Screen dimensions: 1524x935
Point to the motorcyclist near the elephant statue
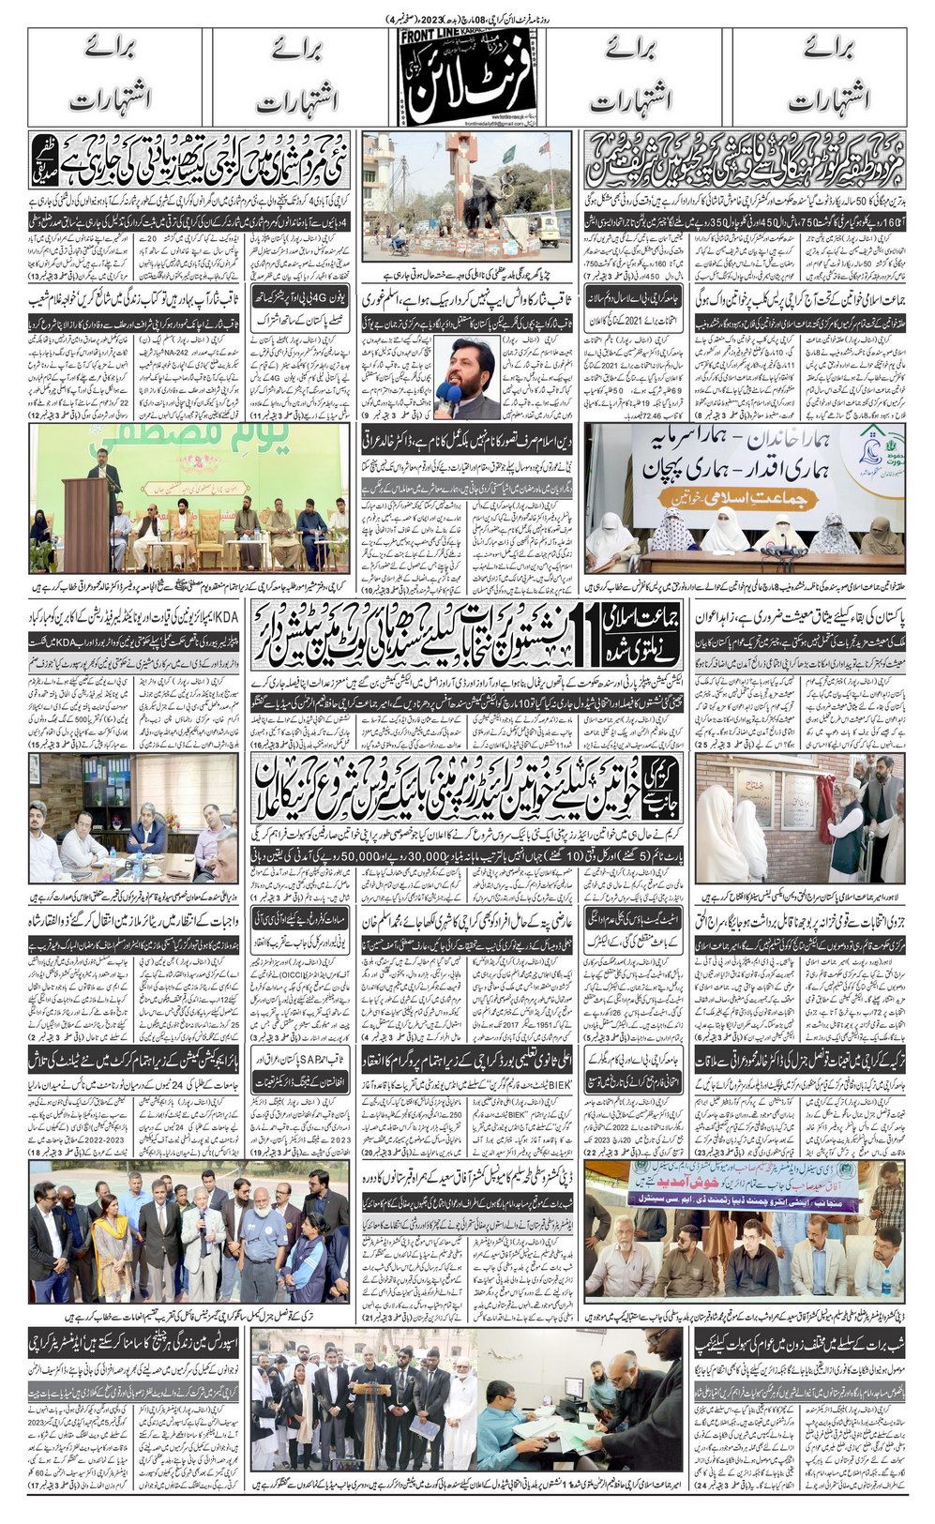click(x=400, y=241)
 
